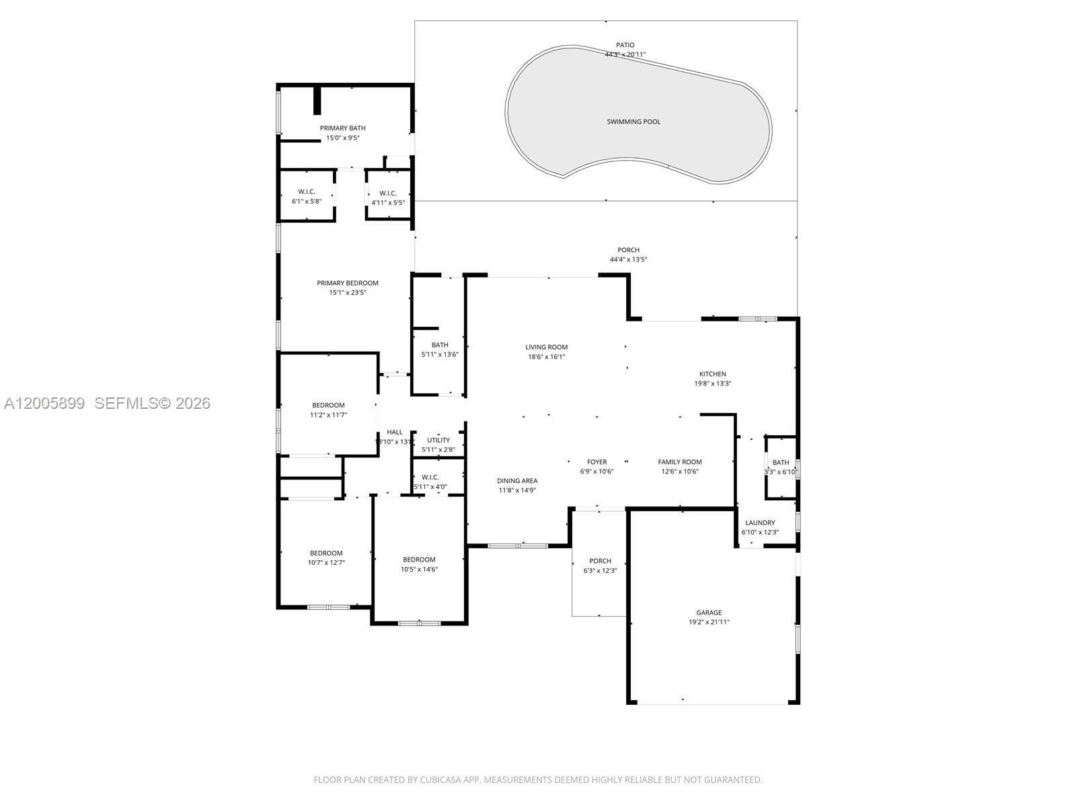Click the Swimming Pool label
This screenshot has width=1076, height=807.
click(x=633, y=122)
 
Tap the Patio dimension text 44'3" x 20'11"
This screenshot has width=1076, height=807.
click(x=625, y=54)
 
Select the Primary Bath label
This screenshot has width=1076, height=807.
click(x=342, y=128)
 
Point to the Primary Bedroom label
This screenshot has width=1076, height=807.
click(x=348, y=283)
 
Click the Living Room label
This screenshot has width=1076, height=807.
click(x=546, y=347)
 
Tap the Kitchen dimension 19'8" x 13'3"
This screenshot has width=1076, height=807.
click(x=712, y=383)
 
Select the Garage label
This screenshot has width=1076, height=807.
click(x=709, y=613)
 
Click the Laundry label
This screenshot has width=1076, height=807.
click(x=760, y=523)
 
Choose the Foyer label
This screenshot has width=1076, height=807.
click(x=597, y=462)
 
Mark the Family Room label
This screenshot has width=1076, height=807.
click(x=679, y=462)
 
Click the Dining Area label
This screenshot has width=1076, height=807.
click(x=517, y=481)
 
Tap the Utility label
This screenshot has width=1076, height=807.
click(x=438, y=440)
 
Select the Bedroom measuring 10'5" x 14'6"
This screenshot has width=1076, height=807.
click(x=419, y=560)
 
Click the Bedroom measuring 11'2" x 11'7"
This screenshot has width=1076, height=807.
click(x=328, y=405)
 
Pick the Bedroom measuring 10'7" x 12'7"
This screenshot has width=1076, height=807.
click(x=326, y=553)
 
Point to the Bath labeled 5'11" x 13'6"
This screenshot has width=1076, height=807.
click(x=440, y=345)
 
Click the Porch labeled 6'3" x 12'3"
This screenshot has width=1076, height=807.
click(x=600, y=561)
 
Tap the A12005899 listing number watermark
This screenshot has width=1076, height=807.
click(x=44, y=403)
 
